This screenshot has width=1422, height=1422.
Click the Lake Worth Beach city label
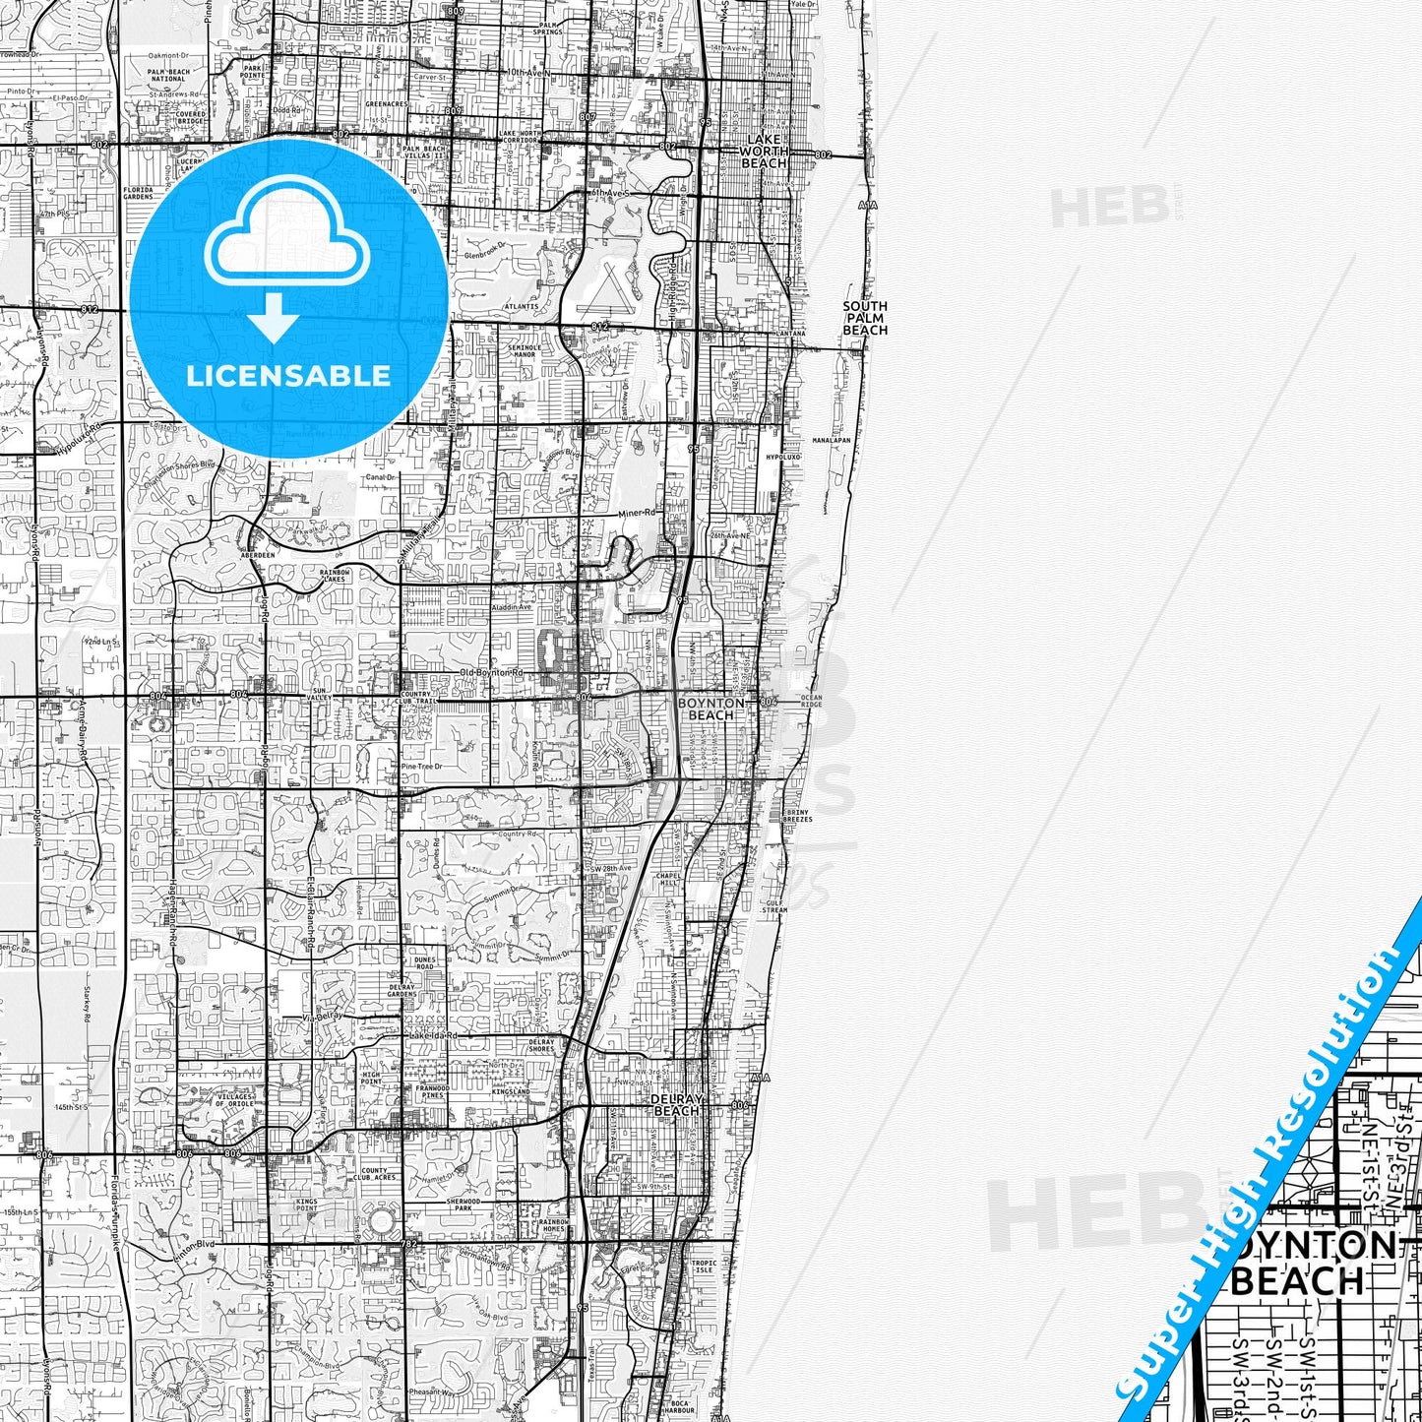pos(764,151)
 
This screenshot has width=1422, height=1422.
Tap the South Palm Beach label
pos(864,318)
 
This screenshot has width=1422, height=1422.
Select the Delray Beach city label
pos(677,1104)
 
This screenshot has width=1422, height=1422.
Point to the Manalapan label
pos(832,440)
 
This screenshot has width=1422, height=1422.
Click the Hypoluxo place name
pos(784,458)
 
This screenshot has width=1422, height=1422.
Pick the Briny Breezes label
pos(797,816)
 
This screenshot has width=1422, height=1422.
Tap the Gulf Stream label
pos(774,905)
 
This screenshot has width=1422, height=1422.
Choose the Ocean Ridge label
pos(811,701)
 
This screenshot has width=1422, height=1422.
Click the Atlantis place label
pos(521,306)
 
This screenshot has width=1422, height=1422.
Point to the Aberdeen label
pos(258,554)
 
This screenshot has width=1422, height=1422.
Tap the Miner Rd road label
pos(636,513)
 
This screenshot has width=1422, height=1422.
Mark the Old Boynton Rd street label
pos(491,672)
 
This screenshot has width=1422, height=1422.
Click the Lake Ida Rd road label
pos(434,1035)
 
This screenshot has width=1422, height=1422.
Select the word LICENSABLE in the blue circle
pos(288,375)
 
